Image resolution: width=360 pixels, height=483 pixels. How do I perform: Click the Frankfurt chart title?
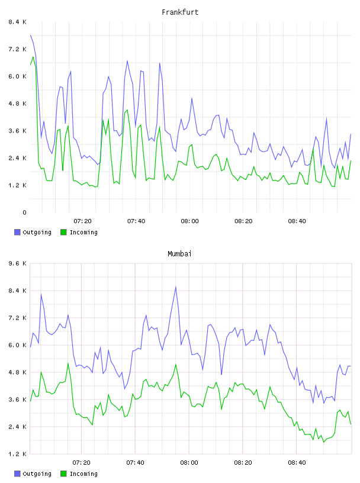point(180,12)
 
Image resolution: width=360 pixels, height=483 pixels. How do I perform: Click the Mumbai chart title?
point(179,254)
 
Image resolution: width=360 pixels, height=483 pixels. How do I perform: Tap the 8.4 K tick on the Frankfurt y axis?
point(17,22)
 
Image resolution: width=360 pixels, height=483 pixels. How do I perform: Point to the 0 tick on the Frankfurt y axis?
point(24,212)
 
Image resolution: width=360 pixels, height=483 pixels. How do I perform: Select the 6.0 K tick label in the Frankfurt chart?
point(17,76)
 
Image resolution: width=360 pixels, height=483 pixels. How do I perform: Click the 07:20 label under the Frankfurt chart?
point(83,221)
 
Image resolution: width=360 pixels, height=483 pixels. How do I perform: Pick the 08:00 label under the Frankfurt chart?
point(189,221)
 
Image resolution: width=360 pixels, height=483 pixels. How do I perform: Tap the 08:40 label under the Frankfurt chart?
point(297,221)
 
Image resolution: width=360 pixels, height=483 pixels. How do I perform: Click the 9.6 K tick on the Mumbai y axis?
point(17,263)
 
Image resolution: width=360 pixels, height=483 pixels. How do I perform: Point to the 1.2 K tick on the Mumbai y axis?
point(17,454)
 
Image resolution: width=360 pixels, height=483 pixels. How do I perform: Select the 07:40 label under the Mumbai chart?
point(136,462)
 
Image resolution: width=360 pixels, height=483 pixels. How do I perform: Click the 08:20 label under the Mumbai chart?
point(243,462)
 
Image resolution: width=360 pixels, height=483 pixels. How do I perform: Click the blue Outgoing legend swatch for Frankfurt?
point(17,232)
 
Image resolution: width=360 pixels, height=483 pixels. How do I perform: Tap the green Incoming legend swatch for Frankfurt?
point(63,232)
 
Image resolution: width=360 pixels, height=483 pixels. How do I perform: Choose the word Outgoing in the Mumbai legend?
point(37,474)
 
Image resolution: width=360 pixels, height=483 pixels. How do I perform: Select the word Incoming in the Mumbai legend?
point(83,474)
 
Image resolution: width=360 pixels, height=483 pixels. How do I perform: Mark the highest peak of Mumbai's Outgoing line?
point(176,287)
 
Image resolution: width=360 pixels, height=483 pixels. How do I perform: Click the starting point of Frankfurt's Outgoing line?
point(30,35)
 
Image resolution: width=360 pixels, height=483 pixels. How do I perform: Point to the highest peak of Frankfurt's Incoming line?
point(33,57)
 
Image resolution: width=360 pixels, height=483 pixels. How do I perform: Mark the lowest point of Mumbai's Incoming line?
point(324,442)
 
